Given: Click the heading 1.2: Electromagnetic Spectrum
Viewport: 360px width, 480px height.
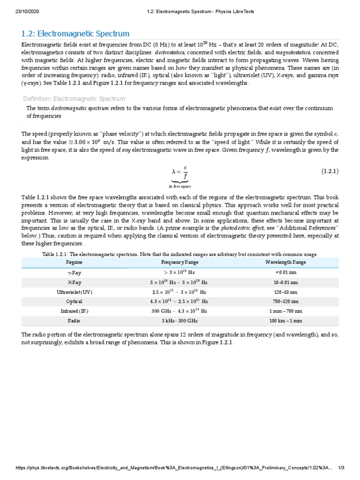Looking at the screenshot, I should click(75, 34).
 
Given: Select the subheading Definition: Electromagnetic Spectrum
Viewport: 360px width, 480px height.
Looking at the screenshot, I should click(74, 99).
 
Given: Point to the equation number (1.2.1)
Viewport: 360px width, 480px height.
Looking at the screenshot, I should click(330, 172).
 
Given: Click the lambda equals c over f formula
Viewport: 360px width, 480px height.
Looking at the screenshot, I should click(180, 172).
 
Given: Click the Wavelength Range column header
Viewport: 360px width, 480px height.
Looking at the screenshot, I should click(285, 262).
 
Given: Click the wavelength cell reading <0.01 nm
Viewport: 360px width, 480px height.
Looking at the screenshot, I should click(285, 272).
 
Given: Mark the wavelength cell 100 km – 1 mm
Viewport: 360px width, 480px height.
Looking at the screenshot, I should click(285, 321).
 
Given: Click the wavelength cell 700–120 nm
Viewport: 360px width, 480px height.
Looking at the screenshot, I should click(285, 301).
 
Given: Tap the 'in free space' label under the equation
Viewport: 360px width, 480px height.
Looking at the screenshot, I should click(180, 187).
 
